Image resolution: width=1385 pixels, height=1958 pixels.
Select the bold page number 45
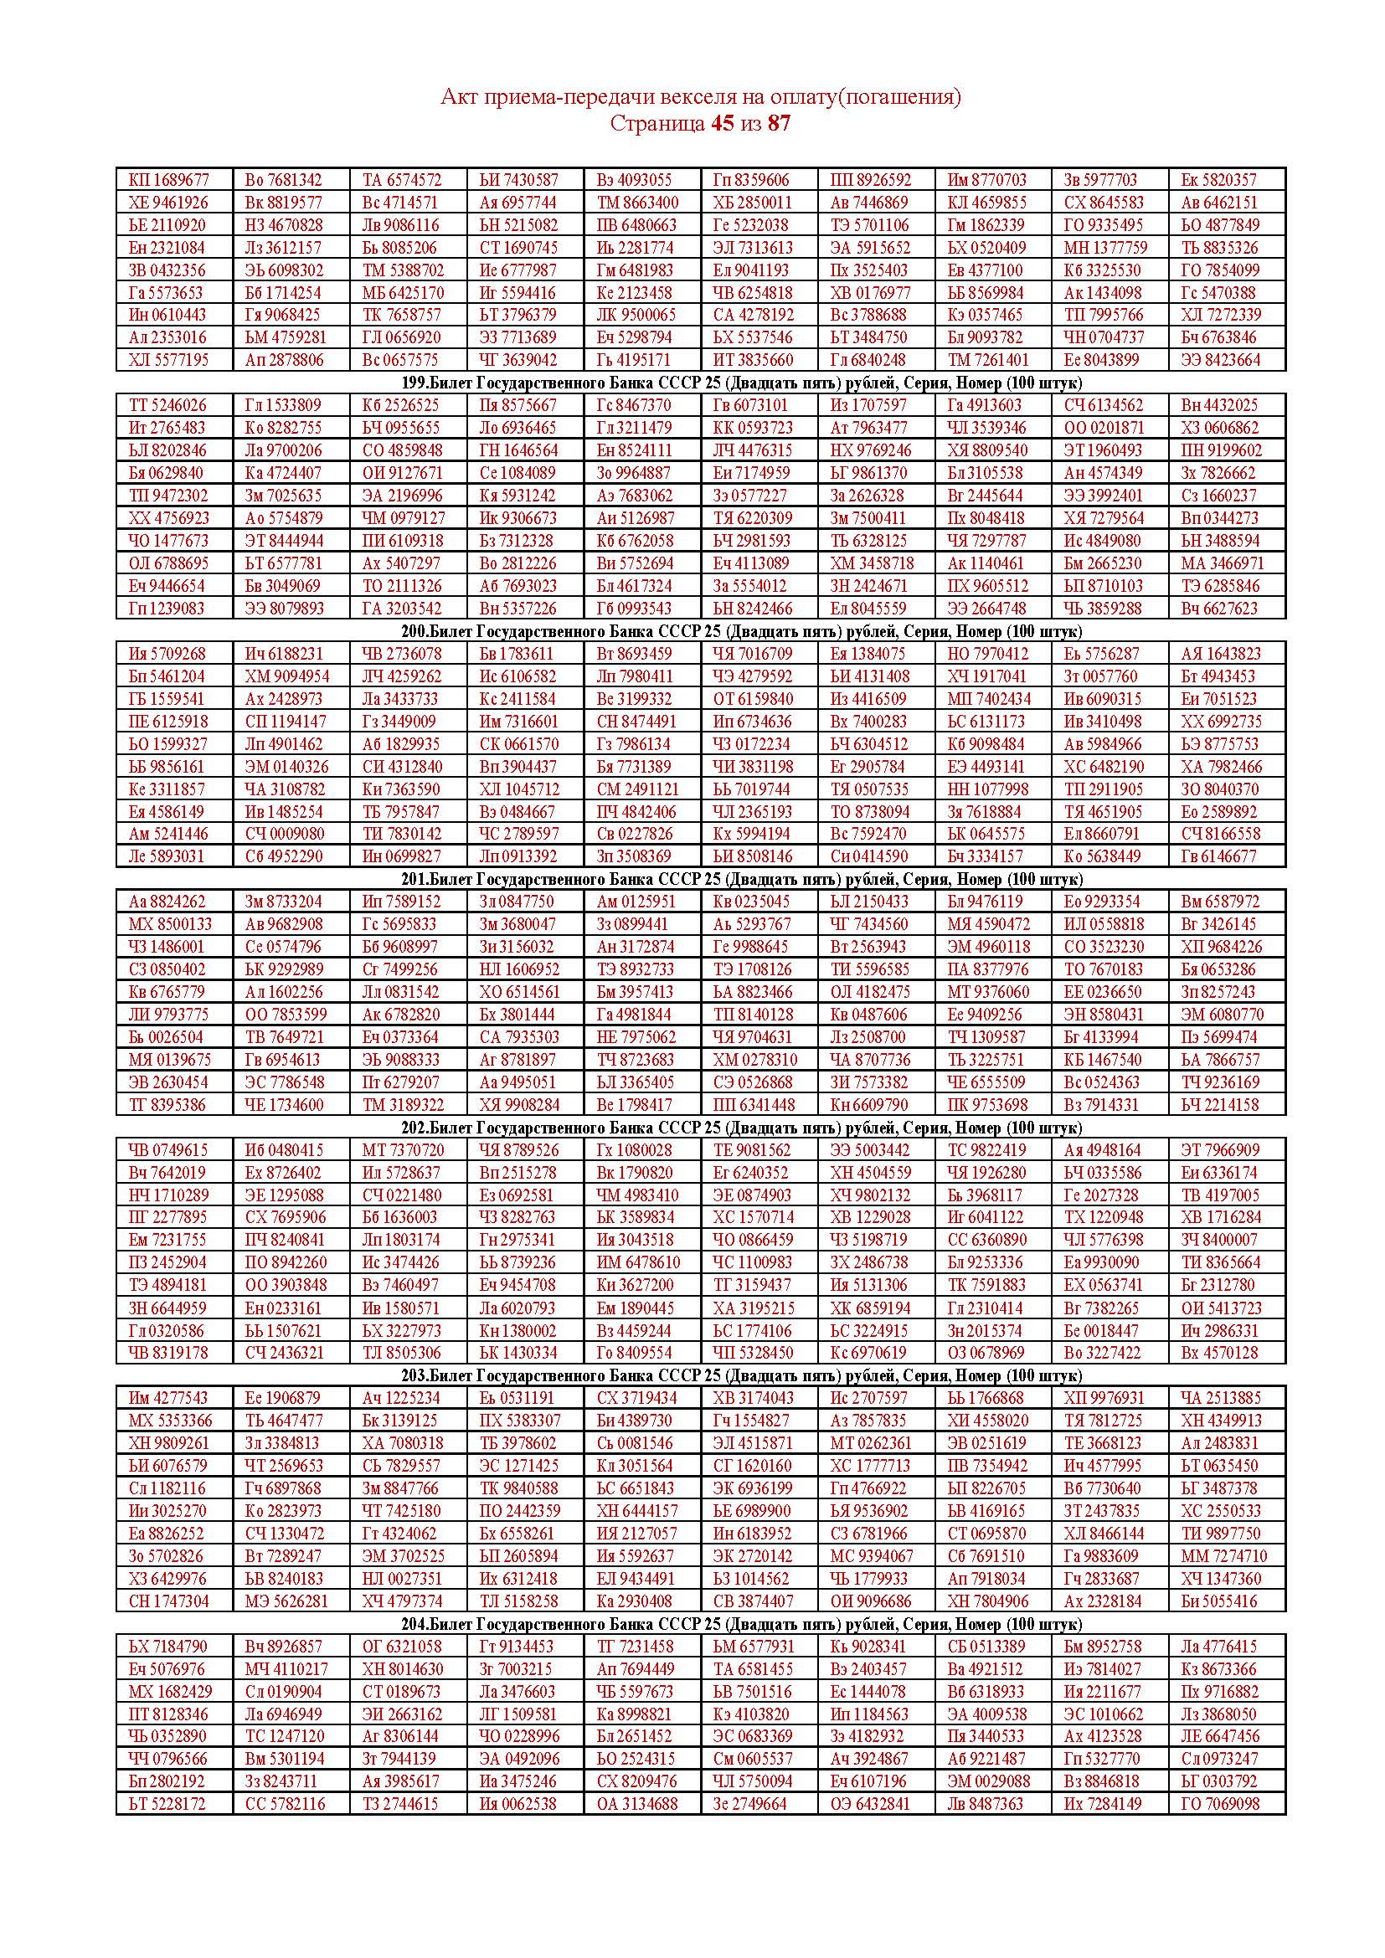click(x=722, y=124)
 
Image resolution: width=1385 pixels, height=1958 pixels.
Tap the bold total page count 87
click(x=780, y=124)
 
